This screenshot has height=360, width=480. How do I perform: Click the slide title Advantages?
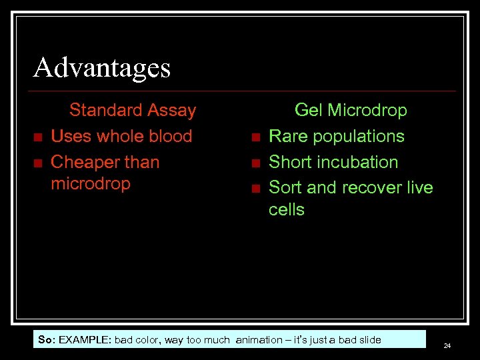[x=102, y=67]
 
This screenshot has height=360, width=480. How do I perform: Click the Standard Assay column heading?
[x=133, y=110]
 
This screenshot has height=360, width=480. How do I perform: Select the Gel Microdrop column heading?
[x=351, y=110]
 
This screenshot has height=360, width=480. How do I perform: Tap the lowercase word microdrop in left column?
[x=91, y=183]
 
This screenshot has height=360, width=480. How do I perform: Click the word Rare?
[x=288, y=136]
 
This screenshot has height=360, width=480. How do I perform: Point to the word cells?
[x=286, y=209]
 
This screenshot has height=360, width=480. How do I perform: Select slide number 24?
[x=447, y=345]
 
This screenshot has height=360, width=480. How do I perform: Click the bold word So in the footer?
[x=46, y=339]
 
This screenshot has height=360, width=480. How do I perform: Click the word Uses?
[x=71, y=136]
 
